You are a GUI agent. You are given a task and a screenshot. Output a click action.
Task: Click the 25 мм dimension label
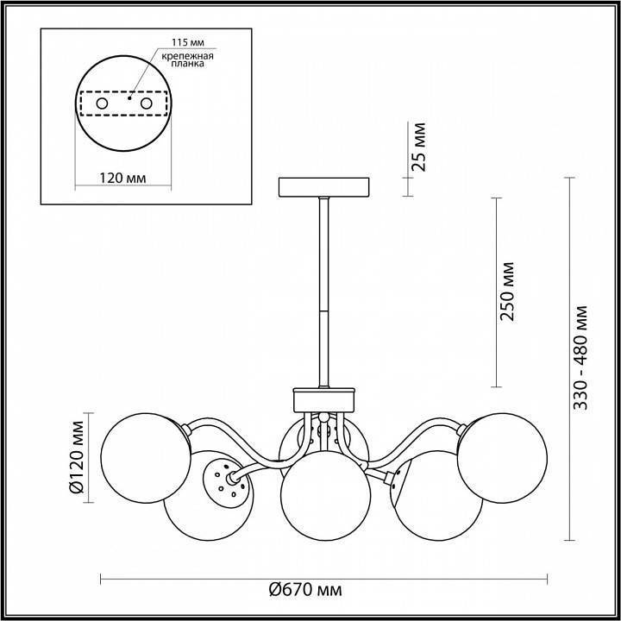418,147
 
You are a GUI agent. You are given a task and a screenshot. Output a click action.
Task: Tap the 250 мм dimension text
507,292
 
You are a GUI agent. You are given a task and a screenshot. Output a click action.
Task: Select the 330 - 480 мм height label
580,358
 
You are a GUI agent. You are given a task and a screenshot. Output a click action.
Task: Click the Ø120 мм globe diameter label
77,457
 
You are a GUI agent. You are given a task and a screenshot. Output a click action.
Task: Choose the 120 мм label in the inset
122,179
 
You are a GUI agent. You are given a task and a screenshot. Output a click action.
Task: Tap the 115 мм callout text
188,42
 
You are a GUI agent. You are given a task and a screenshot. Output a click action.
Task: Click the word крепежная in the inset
187,56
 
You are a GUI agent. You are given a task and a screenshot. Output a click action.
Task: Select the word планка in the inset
188,64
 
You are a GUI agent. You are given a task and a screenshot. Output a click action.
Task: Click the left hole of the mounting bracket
102,103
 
